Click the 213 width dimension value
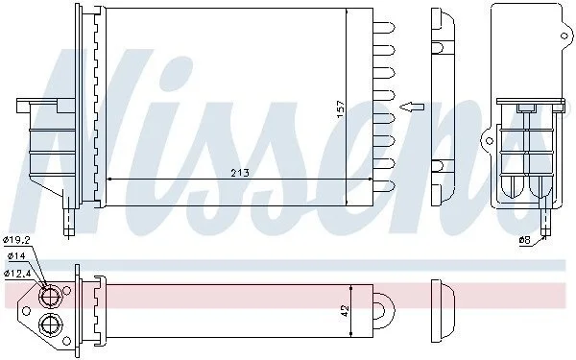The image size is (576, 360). pyautogui.click(x=240, y=172)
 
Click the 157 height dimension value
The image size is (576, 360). pyautogui.click(x=341, y=109)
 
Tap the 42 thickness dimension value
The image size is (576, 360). pyautogui.click(x=346, y=311)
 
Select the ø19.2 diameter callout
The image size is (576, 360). pyautogui.click(x=16, y=241)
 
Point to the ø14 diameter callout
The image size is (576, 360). pyautogui.click(x=15, y=256)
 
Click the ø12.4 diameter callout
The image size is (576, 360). pyautogui.click(x=16, y=273)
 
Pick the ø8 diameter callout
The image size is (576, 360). pyautogui.click(x=524, y=240)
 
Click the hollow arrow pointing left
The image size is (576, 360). pyautogui.click(x=412, y=107)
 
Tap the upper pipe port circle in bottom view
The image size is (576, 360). pyautogui.click(x=50, y=296)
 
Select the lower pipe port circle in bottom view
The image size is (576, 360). pyautogui.click(x=50, y=324)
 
